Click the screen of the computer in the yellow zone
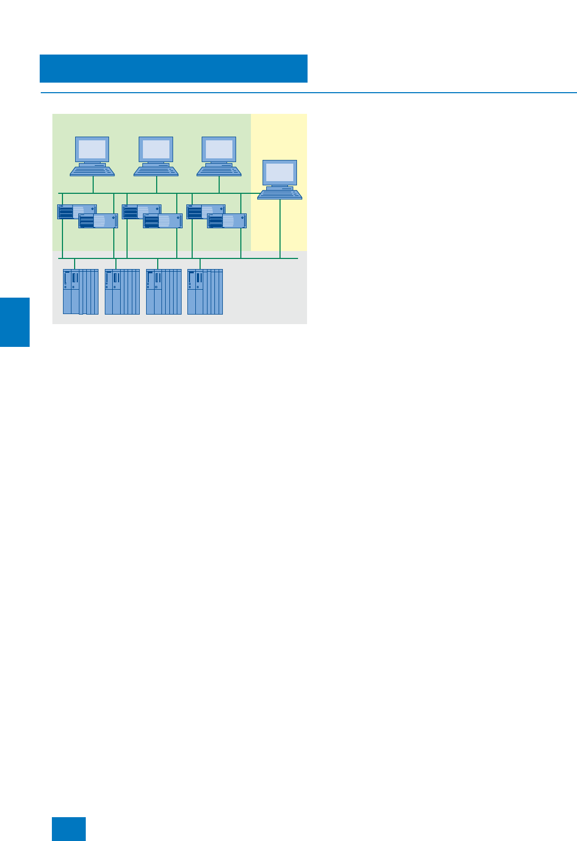click(x=280, y=173)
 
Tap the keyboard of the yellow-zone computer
click(x=280, y=194)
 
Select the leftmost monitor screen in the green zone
click(x=93, y=149)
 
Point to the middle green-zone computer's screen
click(x=156, y=149)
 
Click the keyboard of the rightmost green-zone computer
click(x=219, y=171)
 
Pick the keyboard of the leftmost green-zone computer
click(x=93, y=171)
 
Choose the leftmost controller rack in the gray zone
click(x=80, y=292)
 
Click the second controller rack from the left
click(x=122, y=292)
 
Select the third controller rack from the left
click(x=164, y=292)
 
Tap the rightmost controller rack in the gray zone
click(x=205, y=292)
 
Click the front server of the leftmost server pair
click(x=98, y=221)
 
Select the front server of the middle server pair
click(x=163, y=221)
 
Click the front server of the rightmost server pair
click(x=227, y=221)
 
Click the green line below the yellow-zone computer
click(x=280, y=228)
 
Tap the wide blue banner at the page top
click(x=174, y=68)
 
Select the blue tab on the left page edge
click(x=15, y=322)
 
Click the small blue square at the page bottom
click(x=69, y=829)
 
